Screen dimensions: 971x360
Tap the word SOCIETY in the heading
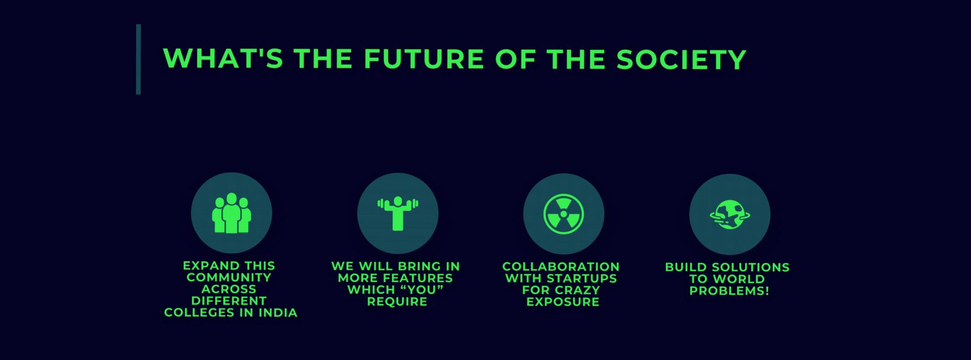coord(681,59)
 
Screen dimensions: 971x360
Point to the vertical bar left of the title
coord(138,59)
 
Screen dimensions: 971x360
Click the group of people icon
coord(231,213)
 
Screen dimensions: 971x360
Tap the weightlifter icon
coord(398,213)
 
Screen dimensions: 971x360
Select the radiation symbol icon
coord(563,214)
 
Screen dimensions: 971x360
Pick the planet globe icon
coord(729,214)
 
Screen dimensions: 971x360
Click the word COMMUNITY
coord(229,277)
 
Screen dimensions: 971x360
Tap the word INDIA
coord(278,313)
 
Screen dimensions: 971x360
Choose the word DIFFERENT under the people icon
coord(229,301)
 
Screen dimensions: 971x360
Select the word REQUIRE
coord(397,301)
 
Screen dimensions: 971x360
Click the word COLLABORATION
coord(561,267)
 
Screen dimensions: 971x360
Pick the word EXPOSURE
coord(563,302)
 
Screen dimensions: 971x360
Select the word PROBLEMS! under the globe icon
coord(729,290)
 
